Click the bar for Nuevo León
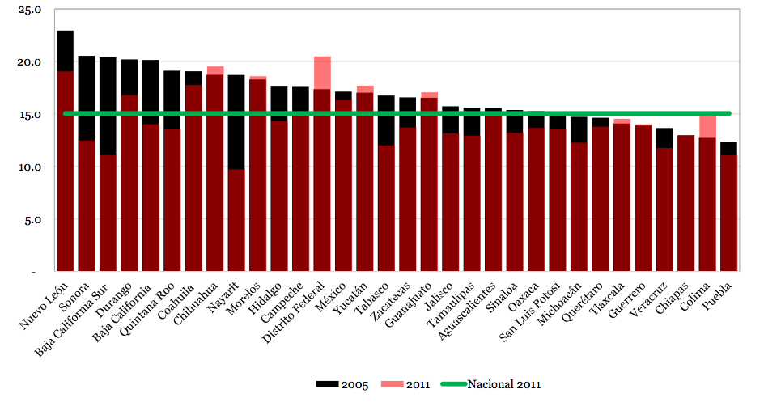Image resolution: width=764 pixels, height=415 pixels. point(65,162)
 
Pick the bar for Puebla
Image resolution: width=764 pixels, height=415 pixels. point(728,210)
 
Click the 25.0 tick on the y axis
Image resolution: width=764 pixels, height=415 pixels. point(32,11)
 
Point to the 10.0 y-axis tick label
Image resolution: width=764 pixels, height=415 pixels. point(32,167)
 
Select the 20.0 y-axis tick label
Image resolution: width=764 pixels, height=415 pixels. point(32,63)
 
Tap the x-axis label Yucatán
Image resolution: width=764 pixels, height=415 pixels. point(354,299)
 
